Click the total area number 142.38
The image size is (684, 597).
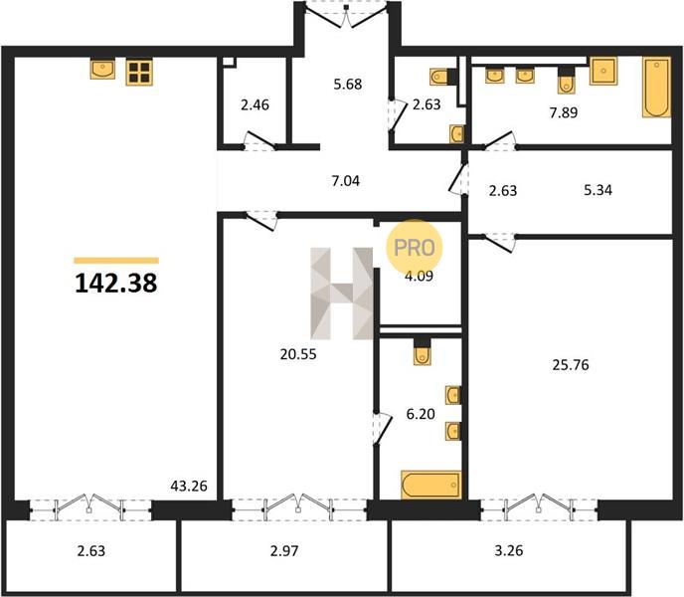[116, 283]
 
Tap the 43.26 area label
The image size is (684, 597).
[189, 486]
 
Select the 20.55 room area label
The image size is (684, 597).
[298, 354]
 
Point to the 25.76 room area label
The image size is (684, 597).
[571, 364]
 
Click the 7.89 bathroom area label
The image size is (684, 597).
[564, 112]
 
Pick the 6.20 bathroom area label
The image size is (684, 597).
[421, 414]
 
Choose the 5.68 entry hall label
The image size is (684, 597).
[348, 84]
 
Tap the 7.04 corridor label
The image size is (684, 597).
[346, 180]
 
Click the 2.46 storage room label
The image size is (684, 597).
[255, 104]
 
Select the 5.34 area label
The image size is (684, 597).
[598, 190]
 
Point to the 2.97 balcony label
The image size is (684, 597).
[284, 550]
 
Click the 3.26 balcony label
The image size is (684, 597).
[509, 550]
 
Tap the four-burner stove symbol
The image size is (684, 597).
[139, 73]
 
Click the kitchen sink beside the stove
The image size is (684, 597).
[103, 70]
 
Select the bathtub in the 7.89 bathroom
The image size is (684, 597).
[656, 88]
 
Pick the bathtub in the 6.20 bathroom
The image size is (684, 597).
[431, 485]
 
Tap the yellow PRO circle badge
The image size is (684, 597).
[414, 247]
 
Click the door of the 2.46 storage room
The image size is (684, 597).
[259, 140]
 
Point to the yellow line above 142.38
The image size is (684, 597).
[116, 261]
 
